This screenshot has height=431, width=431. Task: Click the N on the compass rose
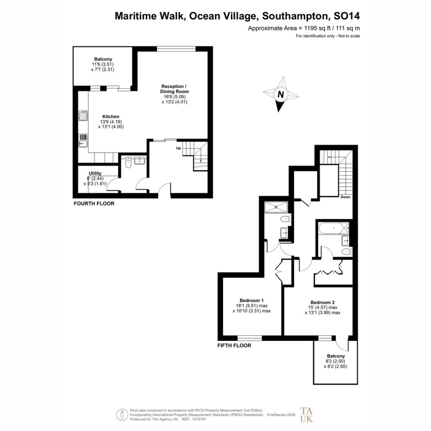(x=281, y=95)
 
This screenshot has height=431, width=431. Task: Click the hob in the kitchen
(x=83, y=116)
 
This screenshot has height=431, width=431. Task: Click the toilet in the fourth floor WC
(x=128, y=163)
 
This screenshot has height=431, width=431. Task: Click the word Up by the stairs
(x=178, y=149)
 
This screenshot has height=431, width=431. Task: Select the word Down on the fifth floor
(x=346, y=197)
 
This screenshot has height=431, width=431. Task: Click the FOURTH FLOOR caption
(x=94, y=204)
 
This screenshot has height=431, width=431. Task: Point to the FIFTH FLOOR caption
(x=234, y=346)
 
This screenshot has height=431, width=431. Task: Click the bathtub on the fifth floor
(x=334, y=229)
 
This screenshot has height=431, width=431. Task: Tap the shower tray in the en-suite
(x=276, y=207)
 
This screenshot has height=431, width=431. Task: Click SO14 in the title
(x=346, y=16)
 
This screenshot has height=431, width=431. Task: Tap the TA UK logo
(x=306, y=415)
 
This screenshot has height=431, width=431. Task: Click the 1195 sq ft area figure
(x=317, y=28)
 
